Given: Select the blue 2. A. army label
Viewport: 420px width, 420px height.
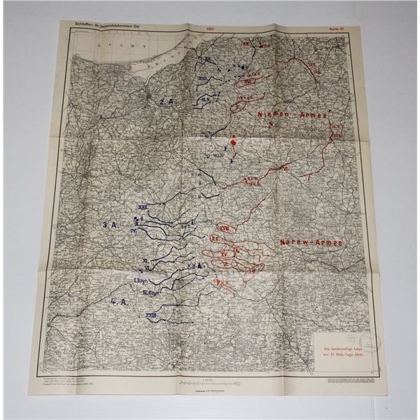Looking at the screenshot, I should (167, 101).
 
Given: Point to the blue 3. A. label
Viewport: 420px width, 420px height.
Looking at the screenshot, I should (109, 225).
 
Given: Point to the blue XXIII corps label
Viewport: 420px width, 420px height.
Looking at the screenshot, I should (150, 316).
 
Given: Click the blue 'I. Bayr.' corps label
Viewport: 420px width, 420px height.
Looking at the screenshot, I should (142, 280).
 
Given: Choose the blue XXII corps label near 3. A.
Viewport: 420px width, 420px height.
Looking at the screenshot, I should (143, 207).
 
